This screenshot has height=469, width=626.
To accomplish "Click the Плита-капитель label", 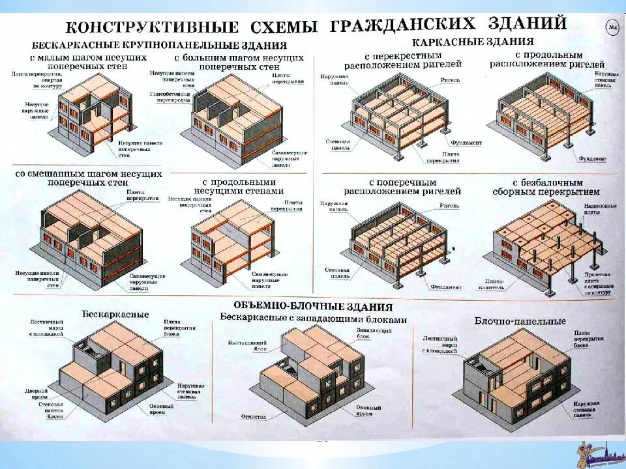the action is (x=494, y=283).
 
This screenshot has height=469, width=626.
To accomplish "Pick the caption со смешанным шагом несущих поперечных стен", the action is (x=88, y=178).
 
